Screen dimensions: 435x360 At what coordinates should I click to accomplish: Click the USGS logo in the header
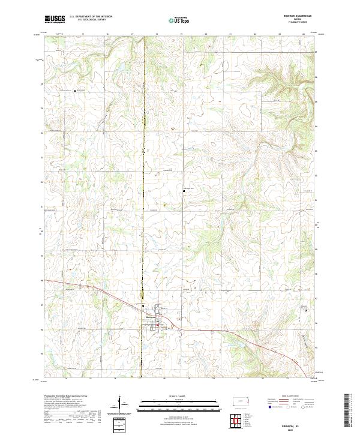pyautogui.click(x=55, y=19)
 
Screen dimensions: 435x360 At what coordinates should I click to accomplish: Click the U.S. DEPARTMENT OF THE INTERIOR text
pyautogui.click(x=90, y=17)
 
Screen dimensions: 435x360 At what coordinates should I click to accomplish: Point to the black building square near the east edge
pyautogui.click(x=302, y=310)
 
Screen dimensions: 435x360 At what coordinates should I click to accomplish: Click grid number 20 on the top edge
pyautogui.click(x=206, y=34)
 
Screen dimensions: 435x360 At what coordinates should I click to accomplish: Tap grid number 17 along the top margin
pyautogui.click(x=131, y=34)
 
